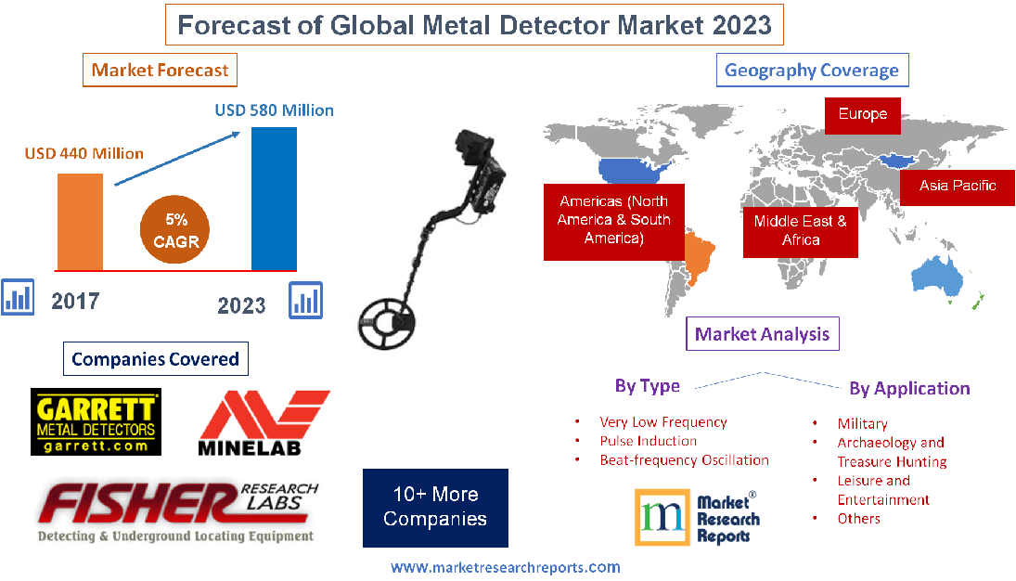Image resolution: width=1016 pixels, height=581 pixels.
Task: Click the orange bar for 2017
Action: click(80, 221)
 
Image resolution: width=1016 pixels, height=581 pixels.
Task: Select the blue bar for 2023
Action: click(274, 198)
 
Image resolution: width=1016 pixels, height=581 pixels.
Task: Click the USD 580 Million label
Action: click(274, 110)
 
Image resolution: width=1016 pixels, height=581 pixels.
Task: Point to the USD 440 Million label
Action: click(84, 153)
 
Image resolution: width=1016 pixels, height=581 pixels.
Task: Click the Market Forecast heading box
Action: click(160, 70)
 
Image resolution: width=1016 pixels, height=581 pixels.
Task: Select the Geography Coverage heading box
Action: click(811, 70)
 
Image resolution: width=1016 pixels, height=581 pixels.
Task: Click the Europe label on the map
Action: click(862, 115)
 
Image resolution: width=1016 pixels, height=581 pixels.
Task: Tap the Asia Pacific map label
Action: click(957, 186)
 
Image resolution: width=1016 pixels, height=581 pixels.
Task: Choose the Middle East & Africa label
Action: click(800, 230)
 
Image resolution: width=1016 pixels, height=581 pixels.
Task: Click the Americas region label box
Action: click(612, 220)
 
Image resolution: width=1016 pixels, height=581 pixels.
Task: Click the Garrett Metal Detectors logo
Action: click(96, 422)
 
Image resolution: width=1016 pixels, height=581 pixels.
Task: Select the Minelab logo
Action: click(264, 423)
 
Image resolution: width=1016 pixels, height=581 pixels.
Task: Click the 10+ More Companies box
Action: click(435, 507)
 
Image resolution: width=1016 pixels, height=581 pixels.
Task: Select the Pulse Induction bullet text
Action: click(648, 441)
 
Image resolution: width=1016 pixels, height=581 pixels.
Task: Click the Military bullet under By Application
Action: click(862, 423)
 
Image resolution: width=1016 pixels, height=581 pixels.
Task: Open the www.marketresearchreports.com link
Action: click(505, 567)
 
